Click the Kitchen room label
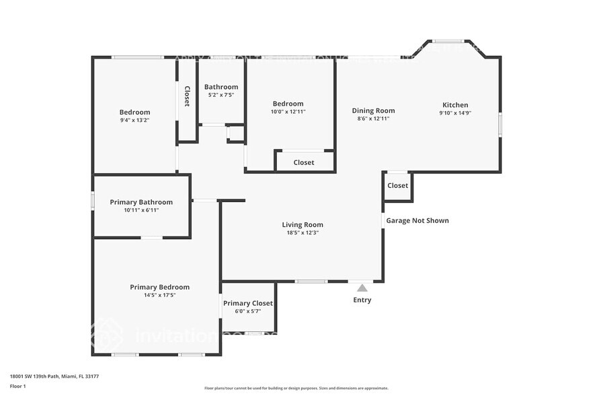click(x=454, y=105)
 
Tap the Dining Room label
click(x=373, y=110)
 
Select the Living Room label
click(x=302, y=225)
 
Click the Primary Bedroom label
click(x=159, y=287)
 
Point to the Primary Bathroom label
click(x=141, y=202)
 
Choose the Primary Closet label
click(x=247, y=303)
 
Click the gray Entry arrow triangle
click(x=362, y=288)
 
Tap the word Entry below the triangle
click(x=362, y=300)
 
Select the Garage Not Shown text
click(x=417, y=220)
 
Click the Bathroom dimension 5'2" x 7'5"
click(x=221, y=95)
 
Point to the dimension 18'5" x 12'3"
click(x=302, y=233)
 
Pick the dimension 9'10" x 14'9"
click(x=454, y=113)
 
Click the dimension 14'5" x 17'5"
click(x=159, y=295)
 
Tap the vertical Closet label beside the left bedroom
click(x=187, y=96)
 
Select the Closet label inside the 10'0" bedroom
click(x=304, y=162)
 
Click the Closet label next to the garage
click(x=397, y=186)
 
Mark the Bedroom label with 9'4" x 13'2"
click(x=134, y=112)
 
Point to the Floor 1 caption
click(x=17, y=386)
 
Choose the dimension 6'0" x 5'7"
click(x=247, y=311)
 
